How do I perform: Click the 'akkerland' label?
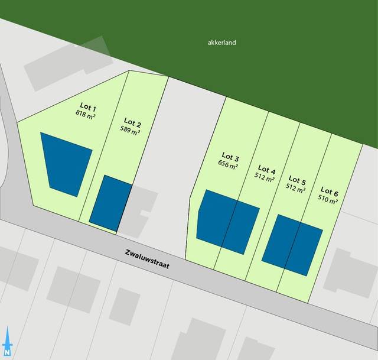point(222,43)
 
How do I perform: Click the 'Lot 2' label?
point(132,123)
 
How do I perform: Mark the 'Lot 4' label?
point(267,170)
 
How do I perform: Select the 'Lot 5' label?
point(296,180)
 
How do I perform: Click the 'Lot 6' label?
point(329,191)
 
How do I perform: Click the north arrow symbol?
point(8,342)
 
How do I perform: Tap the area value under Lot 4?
point(266,178)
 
